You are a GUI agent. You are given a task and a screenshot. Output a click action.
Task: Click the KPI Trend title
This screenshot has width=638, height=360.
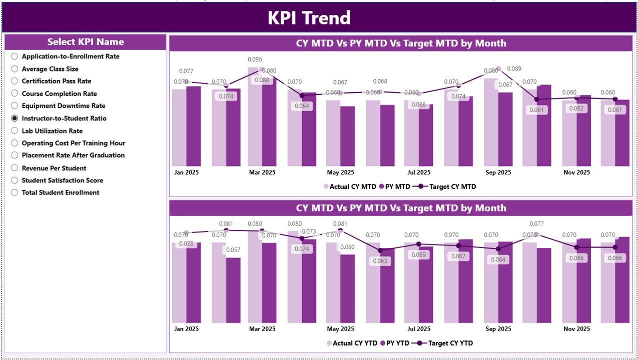pyautogui.click(x=309, y=18)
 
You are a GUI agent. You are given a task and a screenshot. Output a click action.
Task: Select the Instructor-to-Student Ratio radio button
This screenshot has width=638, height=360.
pyautogui.click(x=15, y=118)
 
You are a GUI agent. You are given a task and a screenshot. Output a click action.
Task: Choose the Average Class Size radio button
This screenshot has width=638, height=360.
pyautogui.click(x=15, y=69)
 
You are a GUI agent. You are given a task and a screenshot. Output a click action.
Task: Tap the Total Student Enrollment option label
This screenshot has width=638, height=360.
pyautogui.click(x=61, y=192)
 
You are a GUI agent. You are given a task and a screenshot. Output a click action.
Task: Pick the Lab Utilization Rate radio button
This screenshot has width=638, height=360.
pyautogui.click(x=15, y=131)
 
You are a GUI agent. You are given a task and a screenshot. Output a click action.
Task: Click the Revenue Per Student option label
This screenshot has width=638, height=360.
pyautogui.click(x=54, y=168)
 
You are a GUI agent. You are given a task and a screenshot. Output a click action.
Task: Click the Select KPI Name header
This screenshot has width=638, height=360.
pyautogui.click(x=86, y=42)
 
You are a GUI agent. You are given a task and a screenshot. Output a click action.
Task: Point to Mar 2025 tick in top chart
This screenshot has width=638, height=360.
pyautogui.click(x=262, y=172)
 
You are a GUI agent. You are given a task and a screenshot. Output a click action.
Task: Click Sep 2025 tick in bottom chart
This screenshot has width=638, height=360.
pyautogui.click(x=498, y=329)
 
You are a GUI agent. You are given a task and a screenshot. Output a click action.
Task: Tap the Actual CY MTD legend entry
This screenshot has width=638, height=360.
pyautogui.click(x=349, y=186)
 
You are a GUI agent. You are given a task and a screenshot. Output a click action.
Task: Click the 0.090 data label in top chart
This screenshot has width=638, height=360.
pyautogui.click(x=255, y=59)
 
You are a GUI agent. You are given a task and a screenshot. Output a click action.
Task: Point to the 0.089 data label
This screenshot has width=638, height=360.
pyautogui.click(x=514, y=69)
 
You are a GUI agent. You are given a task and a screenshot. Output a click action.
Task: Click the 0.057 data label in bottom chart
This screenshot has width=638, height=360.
pyautogui.click(x=233, y=250)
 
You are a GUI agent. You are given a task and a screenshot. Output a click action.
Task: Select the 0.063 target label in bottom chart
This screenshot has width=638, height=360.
pyautogui.click(x=380, y=261)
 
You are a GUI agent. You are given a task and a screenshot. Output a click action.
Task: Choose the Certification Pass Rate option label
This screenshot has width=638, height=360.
pyautogui.click(x=56, y=81)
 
